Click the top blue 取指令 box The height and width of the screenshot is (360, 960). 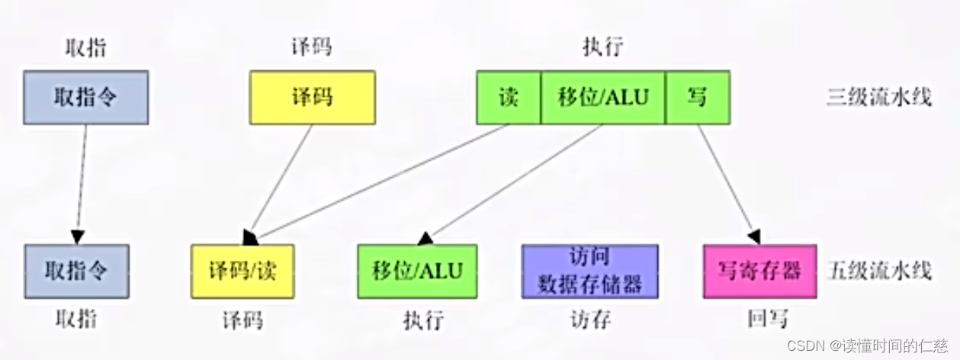pos(85,97)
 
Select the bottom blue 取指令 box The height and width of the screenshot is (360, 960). pos(76,271)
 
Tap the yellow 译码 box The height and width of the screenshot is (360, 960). pos(312,97)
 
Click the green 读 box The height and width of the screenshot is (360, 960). pos(509,97)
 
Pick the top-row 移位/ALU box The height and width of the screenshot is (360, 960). pos(603,97)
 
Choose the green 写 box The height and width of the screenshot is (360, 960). pos(697,97)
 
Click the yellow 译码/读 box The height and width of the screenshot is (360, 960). pos(242,271)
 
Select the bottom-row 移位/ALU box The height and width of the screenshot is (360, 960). pos(417,271)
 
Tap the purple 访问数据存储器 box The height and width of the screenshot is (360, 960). pos(589,271)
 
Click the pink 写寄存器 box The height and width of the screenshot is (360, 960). pos(759,271)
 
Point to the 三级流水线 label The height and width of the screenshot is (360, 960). pos(879,98)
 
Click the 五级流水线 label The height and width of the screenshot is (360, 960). pos(879,271)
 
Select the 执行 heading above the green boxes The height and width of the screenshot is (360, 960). pos(602,48)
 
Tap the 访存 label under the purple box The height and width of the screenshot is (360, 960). pos(590,320)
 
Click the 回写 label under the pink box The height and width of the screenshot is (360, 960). pos(766,320)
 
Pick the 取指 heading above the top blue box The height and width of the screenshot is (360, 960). pos(85,48)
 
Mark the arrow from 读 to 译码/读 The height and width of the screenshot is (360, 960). pos(381,180)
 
